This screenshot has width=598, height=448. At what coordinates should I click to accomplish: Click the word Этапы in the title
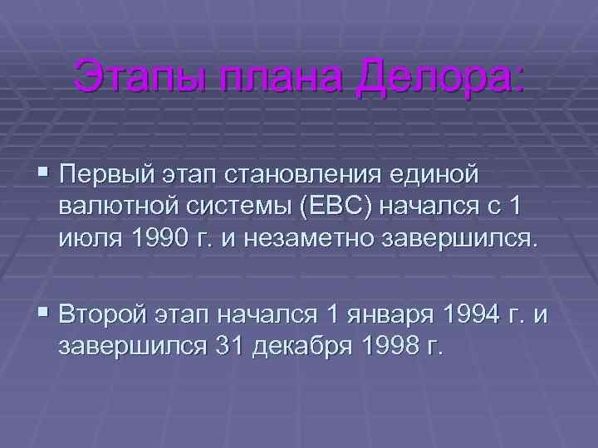[x=132, y=77]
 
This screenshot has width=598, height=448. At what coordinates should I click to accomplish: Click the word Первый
[x=112, y=177]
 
